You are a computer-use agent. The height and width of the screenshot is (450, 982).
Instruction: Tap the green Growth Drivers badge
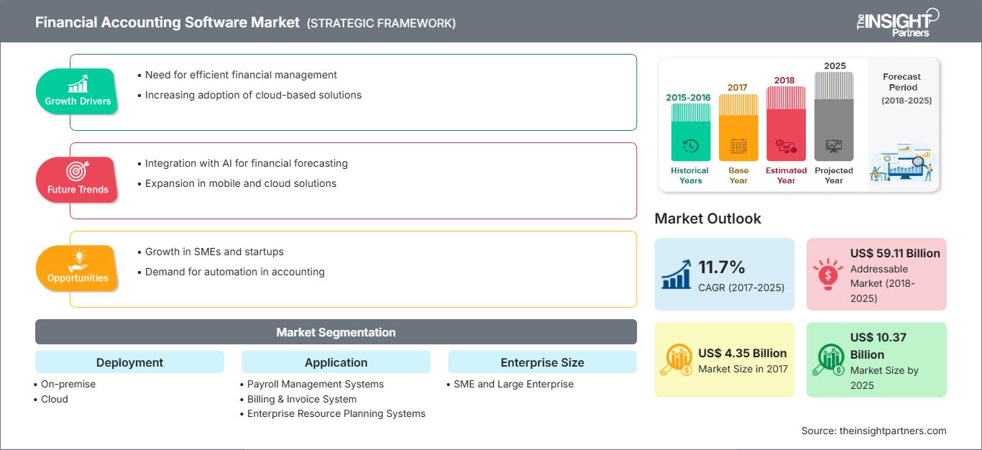click(78, 91)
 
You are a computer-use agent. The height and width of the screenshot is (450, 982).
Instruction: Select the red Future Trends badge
click(77, 180)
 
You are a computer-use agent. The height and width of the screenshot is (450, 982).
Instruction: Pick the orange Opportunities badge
click(78, 268)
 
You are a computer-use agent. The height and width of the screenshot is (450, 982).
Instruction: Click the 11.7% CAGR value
click(722, 267)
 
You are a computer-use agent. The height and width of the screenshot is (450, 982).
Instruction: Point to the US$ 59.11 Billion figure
click(895, 253)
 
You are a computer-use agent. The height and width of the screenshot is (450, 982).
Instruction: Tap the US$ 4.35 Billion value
click(743, 353)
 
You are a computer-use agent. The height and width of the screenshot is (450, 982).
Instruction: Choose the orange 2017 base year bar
click(738, 127)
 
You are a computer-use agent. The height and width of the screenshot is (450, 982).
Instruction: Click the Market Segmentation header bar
click(336, 332)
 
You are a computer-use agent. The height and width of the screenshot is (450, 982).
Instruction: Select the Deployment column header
click(129, 362)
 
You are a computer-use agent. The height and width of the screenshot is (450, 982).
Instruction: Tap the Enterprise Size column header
click(542, 362)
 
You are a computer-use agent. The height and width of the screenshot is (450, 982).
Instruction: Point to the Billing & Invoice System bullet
click(301, 399)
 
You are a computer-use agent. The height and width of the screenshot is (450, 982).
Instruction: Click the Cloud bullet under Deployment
click(55, 399)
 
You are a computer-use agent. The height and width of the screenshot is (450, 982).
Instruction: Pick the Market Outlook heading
click(707, 219)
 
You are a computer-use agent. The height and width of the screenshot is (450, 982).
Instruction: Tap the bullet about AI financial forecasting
click(246, 163)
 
